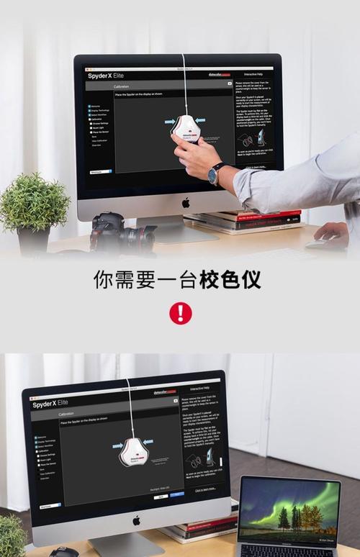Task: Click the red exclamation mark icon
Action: click(180, 313)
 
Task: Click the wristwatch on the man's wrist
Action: click(215, 173)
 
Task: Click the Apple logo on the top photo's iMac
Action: click(186, 203)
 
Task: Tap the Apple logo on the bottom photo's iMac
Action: click(135, 520)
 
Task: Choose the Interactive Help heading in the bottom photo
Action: click(199, 387)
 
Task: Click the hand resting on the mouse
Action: click(332, 232)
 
